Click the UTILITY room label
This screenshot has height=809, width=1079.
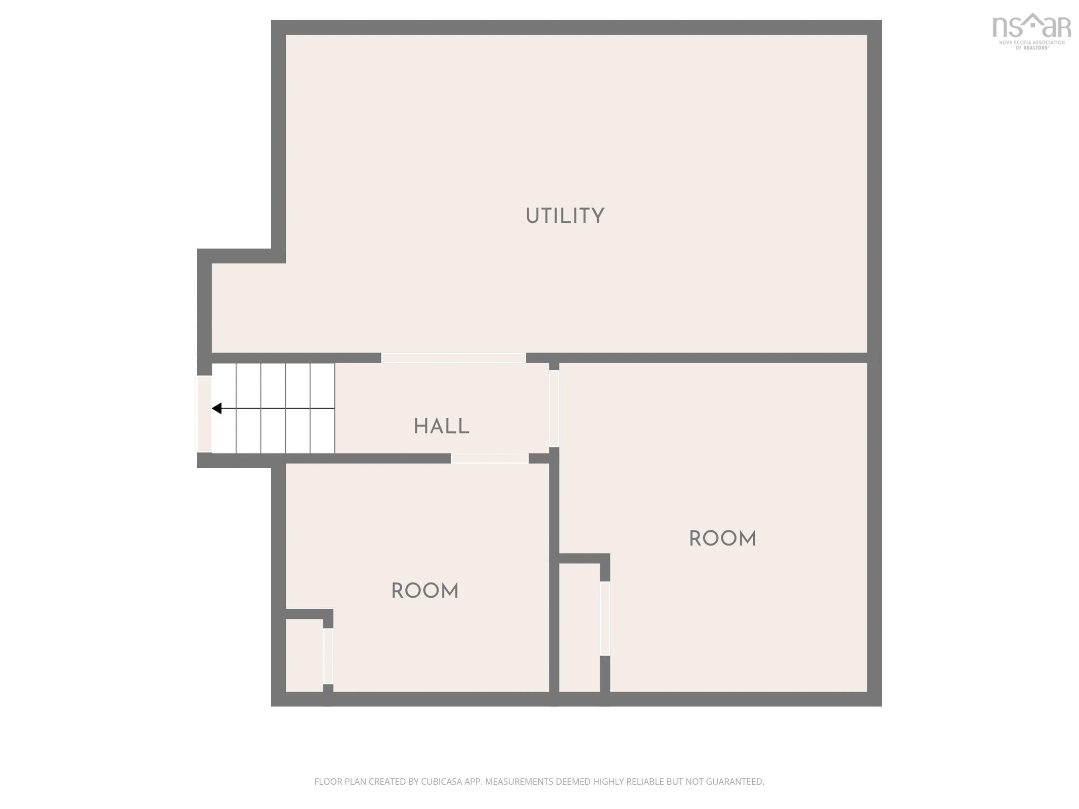[x=565, y=216]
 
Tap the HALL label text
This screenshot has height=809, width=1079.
[x=442, y=426]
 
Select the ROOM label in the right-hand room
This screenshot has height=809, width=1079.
[x=722, y=538]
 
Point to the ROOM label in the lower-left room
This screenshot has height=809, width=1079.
[x=425, y=591]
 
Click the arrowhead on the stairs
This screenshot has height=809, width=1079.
[x=217, y=408]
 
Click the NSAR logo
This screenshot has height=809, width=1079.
[x=1031, y=31]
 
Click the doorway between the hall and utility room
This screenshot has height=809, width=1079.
[x=453, y=358]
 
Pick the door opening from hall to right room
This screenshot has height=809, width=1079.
[x=554, y=409]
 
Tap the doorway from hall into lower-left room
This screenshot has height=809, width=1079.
[x=489, y=458]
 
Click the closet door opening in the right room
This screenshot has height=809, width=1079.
[x=605, y=618]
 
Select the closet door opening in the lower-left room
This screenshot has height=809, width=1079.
[x=328, y=656]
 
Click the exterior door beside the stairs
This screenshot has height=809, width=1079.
[x=204, y=414]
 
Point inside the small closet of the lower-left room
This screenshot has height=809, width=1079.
[x=305, y=655]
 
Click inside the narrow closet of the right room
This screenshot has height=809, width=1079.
[x=579, y=627]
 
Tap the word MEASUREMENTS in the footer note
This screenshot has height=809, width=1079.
[x=519, y=781]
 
